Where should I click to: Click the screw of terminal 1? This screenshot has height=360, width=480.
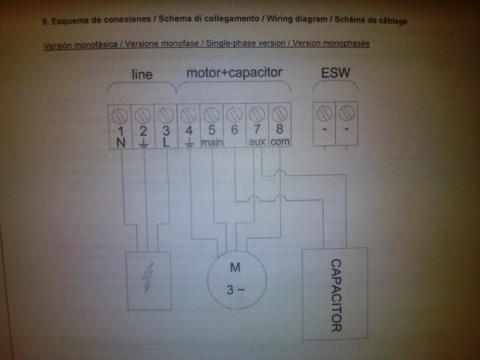click(x=120, y=116)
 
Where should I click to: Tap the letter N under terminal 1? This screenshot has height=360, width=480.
click(x=121, y=143)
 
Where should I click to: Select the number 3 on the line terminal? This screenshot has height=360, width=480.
click(x=166, y=131)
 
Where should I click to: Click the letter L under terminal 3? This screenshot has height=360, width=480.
click(x=166, y=143)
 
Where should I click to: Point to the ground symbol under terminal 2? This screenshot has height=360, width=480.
click(x=143, y=143)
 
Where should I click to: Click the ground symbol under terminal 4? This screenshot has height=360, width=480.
click(x=189, y=143)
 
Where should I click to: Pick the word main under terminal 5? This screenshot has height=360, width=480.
click(x=212, y=143)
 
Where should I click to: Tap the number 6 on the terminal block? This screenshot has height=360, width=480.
click(x=235, y=130)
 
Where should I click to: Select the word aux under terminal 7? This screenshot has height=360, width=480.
click(x=257, y=142)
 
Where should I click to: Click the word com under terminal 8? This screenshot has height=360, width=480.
click(x=280, y=142)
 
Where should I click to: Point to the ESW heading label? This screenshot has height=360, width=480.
click(x=335, y=73)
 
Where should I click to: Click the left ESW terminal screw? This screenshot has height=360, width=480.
click(x=324, y=113)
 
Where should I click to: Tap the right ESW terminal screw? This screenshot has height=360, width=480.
click(x=347, y=112)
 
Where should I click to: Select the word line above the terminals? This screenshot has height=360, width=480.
click(x=142, y=74)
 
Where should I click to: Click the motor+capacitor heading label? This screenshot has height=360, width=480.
click(x=235, y=73)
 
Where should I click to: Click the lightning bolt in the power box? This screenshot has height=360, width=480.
click(x=148, y=278)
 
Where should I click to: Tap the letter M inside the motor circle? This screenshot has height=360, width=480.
click(x=235, y=267)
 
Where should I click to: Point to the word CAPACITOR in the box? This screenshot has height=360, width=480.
click(x=336, y=296)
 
